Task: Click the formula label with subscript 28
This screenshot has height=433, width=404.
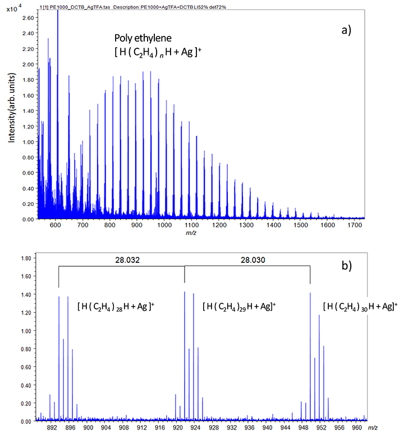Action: coord(116,307)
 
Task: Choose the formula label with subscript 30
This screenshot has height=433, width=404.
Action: coord(360,306)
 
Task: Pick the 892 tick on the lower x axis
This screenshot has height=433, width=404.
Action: coord(53,427)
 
